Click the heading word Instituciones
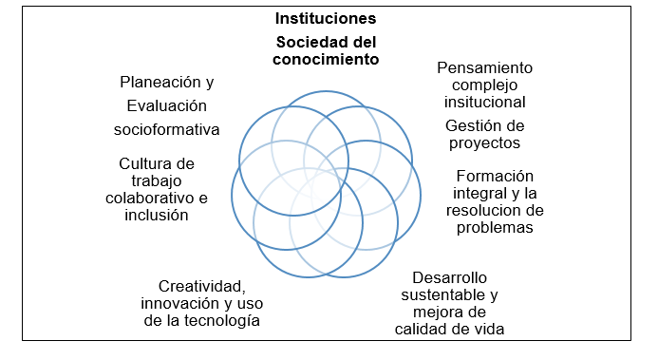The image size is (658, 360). [325, 18]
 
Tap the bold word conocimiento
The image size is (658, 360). [326, 59]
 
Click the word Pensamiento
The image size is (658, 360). [484, 68]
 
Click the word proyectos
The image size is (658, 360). [484, 142]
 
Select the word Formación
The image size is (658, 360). [495, 177]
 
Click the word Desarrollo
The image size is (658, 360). [450, 277]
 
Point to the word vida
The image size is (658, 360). [487, 329]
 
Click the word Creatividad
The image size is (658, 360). [203, 286]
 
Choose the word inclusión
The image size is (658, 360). [157, 215]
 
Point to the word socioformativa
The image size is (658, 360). [166, 129]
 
